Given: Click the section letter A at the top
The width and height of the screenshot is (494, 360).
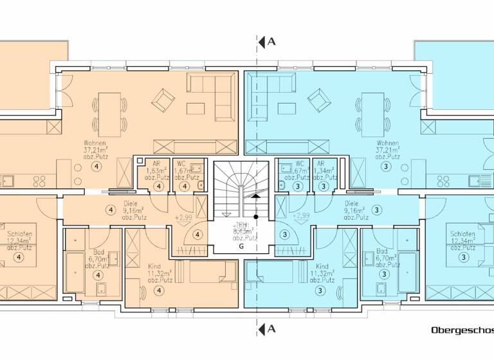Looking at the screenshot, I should point(271,42).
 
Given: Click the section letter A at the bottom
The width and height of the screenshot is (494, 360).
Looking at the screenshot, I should point(271,329).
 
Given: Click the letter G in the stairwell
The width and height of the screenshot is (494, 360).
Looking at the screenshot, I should point(242,246).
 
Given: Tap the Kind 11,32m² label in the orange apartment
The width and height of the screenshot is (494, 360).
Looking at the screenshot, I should point(154,271).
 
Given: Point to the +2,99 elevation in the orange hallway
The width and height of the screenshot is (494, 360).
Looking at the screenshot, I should point(183,218).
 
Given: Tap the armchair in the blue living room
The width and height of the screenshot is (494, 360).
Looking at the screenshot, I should point(318,100).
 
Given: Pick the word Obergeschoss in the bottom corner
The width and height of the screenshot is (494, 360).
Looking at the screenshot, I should point(462,330).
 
